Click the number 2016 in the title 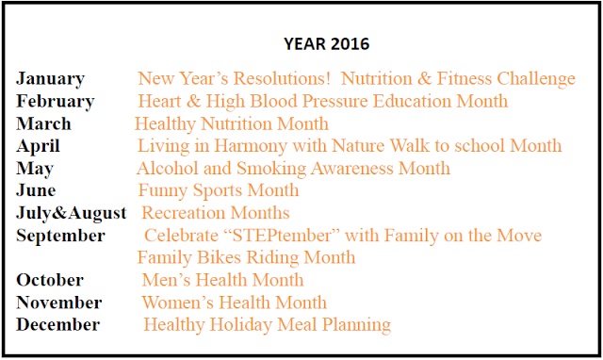pos(350,44)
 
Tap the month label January pos(50,79)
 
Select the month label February pos(56,102)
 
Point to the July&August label pos(72,214)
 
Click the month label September pos(60,236)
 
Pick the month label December pos(58,324)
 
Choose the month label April pos(38,146)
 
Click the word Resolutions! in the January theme pos(282,78)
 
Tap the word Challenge pos(536,79)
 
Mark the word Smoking pos(271,169)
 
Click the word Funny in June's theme pos(163,191)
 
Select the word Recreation pos(184,213)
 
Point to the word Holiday pos(241,325)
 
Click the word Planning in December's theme pos(356,325)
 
